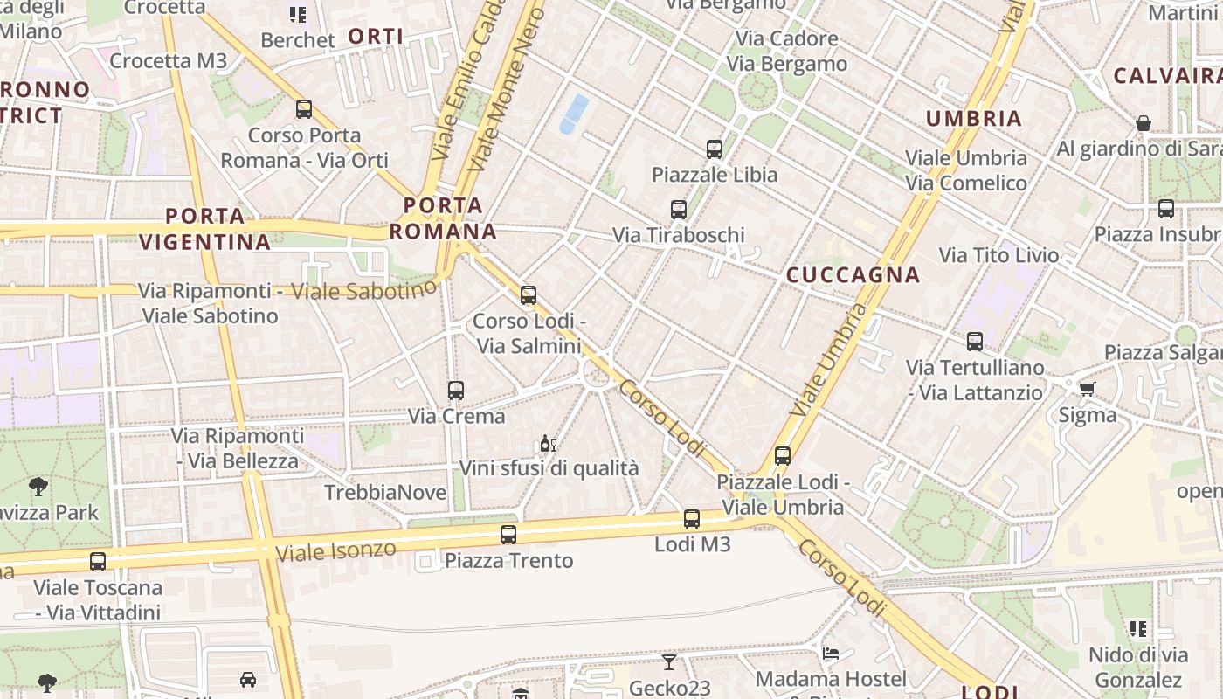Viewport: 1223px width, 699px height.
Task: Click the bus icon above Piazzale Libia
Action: point(715,149)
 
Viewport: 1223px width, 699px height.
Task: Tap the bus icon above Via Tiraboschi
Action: point(679,210)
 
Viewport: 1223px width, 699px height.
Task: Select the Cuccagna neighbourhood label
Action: point(853,275)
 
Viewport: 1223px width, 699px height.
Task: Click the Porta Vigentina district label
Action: point(205,228)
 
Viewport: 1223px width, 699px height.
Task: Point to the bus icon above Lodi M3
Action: point(692,519)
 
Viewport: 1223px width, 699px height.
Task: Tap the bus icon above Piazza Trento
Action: point(508,534)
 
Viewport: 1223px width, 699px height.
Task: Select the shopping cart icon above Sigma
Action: point(1087,389)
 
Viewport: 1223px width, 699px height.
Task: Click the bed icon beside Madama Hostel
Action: point(831,654)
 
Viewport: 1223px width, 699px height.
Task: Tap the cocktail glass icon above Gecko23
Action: point(669,662)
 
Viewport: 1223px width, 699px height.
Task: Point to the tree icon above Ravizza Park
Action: point(38,486)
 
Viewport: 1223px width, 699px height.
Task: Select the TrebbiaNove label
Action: point(385,493)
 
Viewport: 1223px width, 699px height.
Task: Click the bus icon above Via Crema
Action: point(455,391)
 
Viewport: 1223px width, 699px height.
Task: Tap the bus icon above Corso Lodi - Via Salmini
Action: point(529,295)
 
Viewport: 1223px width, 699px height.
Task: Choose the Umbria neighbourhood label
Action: point(973,119)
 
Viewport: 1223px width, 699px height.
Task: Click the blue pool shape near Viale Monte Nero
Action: point(574,114)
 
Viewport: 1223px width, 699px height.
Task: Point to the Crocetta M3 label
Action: point(168,61)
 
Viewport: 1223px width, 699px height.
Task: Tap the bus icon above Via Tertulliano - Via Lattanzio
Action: point(975,342)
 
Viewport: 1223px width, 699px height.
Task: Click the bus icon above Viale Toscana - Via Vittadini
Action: point(98,562)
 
